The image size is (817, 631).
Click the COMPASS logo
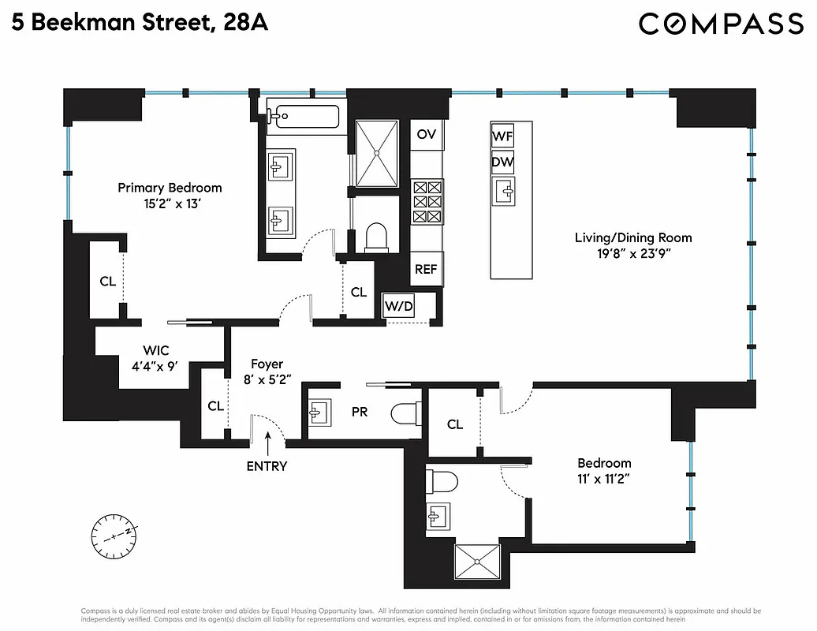point(720,24)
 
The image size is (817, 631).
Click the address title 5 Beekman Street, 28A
point(140,23)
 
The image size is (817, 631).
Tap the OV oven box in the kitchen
point(427,134)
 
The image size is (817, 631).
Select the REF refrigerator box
point(426,269)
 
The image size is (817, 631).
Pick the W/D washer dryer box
point(399,306)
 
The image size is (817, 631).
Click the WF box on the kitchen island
point(502,136)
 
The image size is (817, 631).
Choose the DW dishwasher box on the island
point(502,163)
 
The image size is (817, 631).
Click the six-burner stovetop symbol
point(427,201)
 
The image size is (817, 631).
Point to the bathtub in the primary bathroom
point(303,116)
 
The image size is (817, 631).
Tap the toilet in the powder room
point(406,412)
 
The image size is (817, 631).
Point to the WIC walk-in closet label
point(155,350)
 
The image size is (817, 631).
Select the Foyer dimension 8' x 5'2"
point(267,379)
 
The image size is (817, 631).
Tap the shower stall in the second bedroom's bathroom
point(477,562)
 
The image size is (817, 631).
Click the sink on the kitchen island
point(502,189)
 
